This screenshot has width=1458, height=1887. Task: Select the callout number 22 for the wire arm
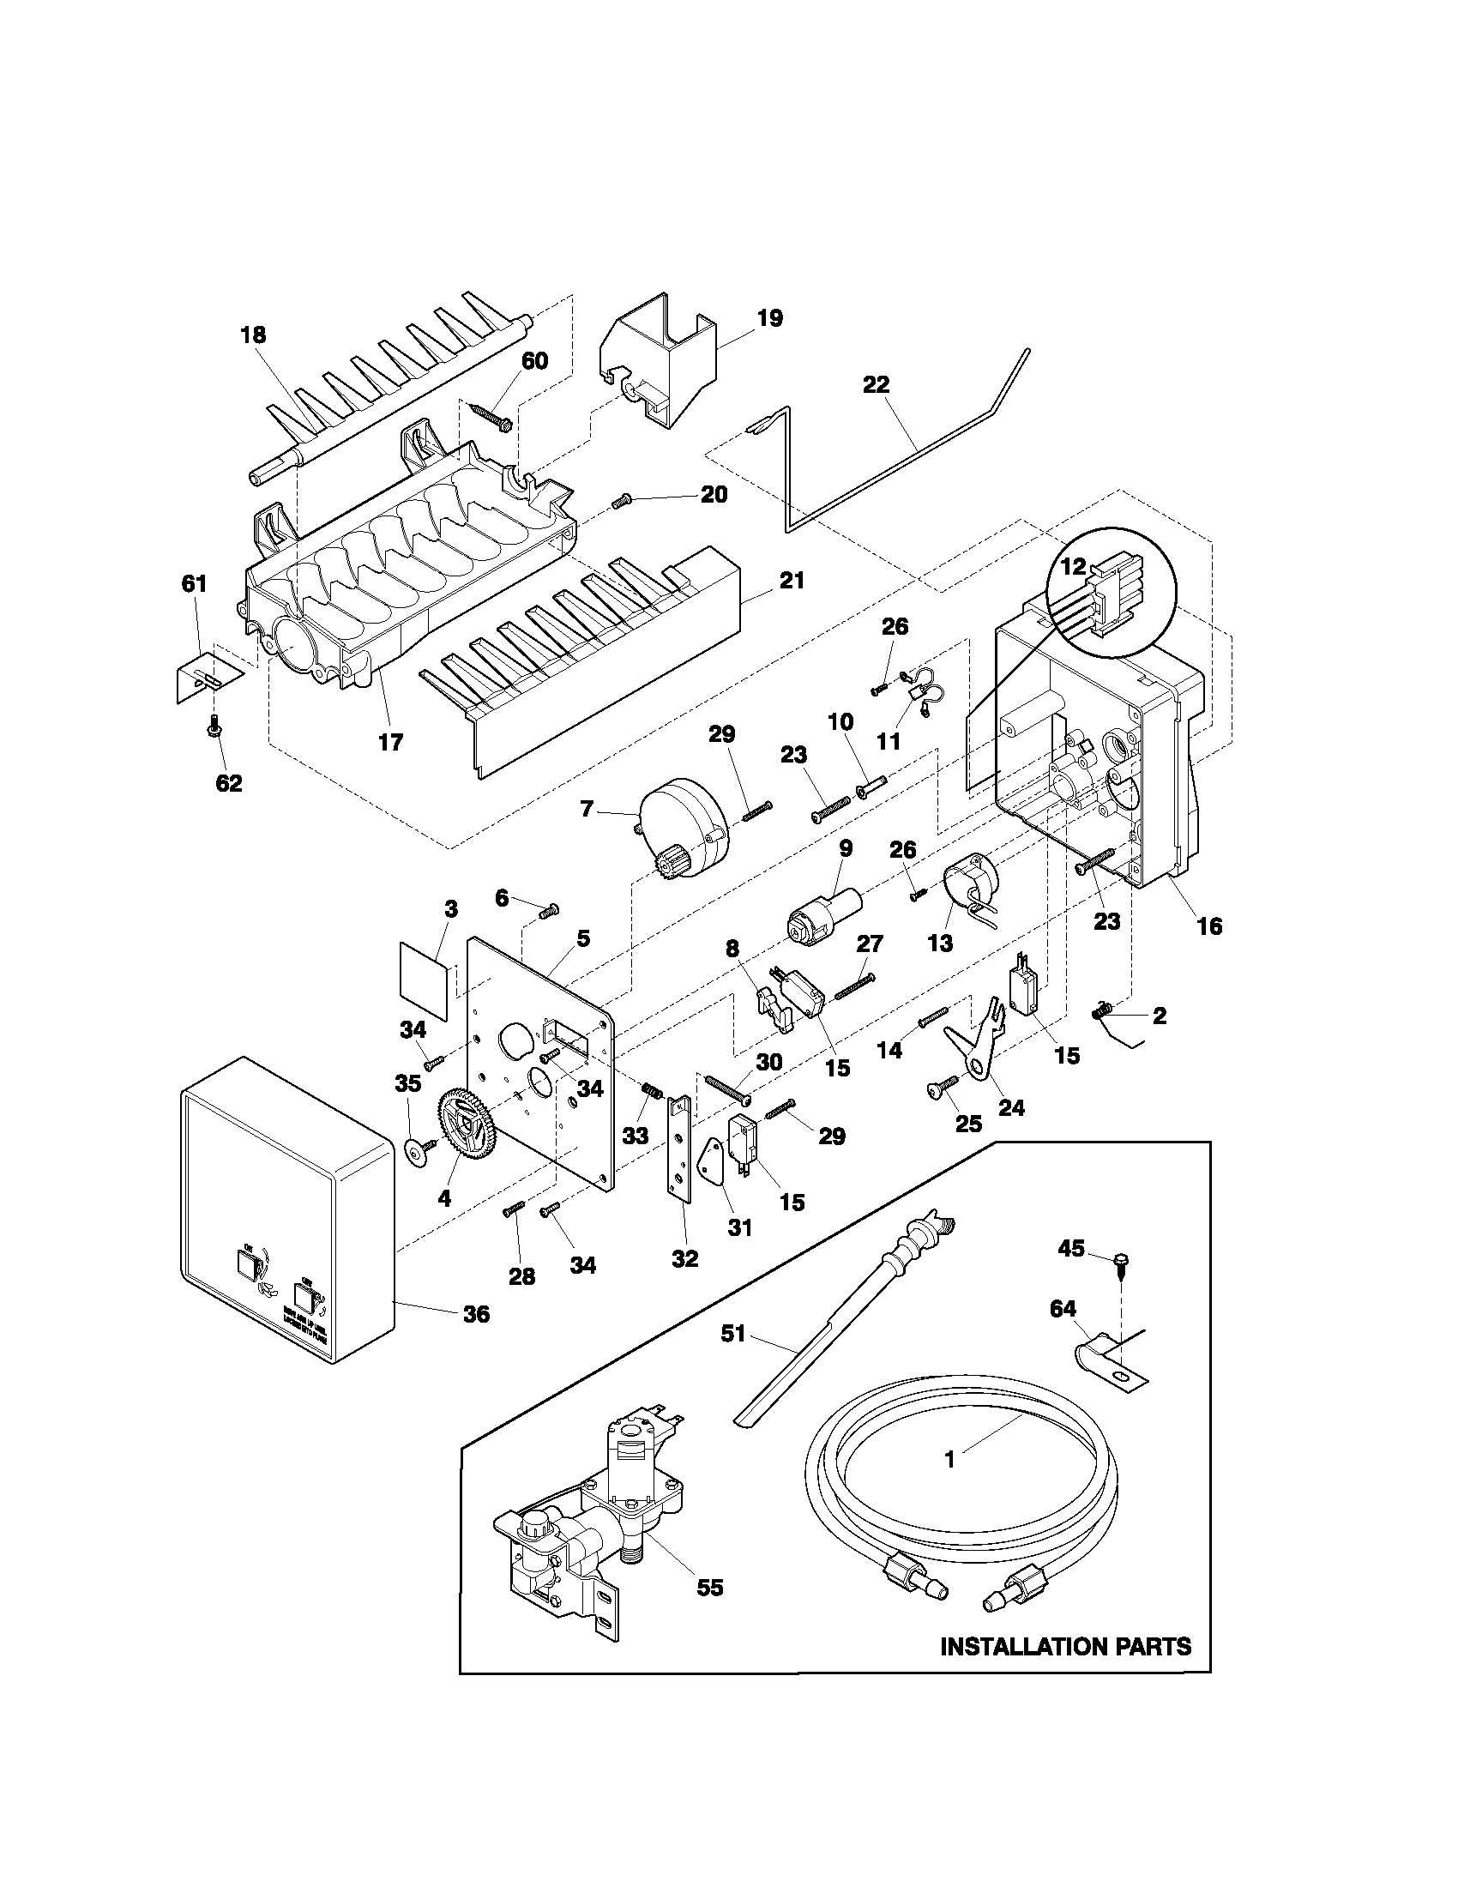click(876, 385)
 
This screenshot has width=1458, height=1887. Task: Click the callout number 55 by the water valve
click(709, 1587)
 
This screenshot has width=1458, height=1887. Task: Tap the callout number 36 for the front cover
click(476, 1314)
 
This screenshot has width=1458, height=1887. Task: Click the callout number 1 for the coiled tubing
click(949, 1459)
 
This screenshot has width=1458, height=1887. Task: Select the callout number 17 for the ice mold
click(390, 741)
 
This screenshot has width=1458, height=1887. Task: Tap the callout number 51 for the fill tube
click(732, 1335)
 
